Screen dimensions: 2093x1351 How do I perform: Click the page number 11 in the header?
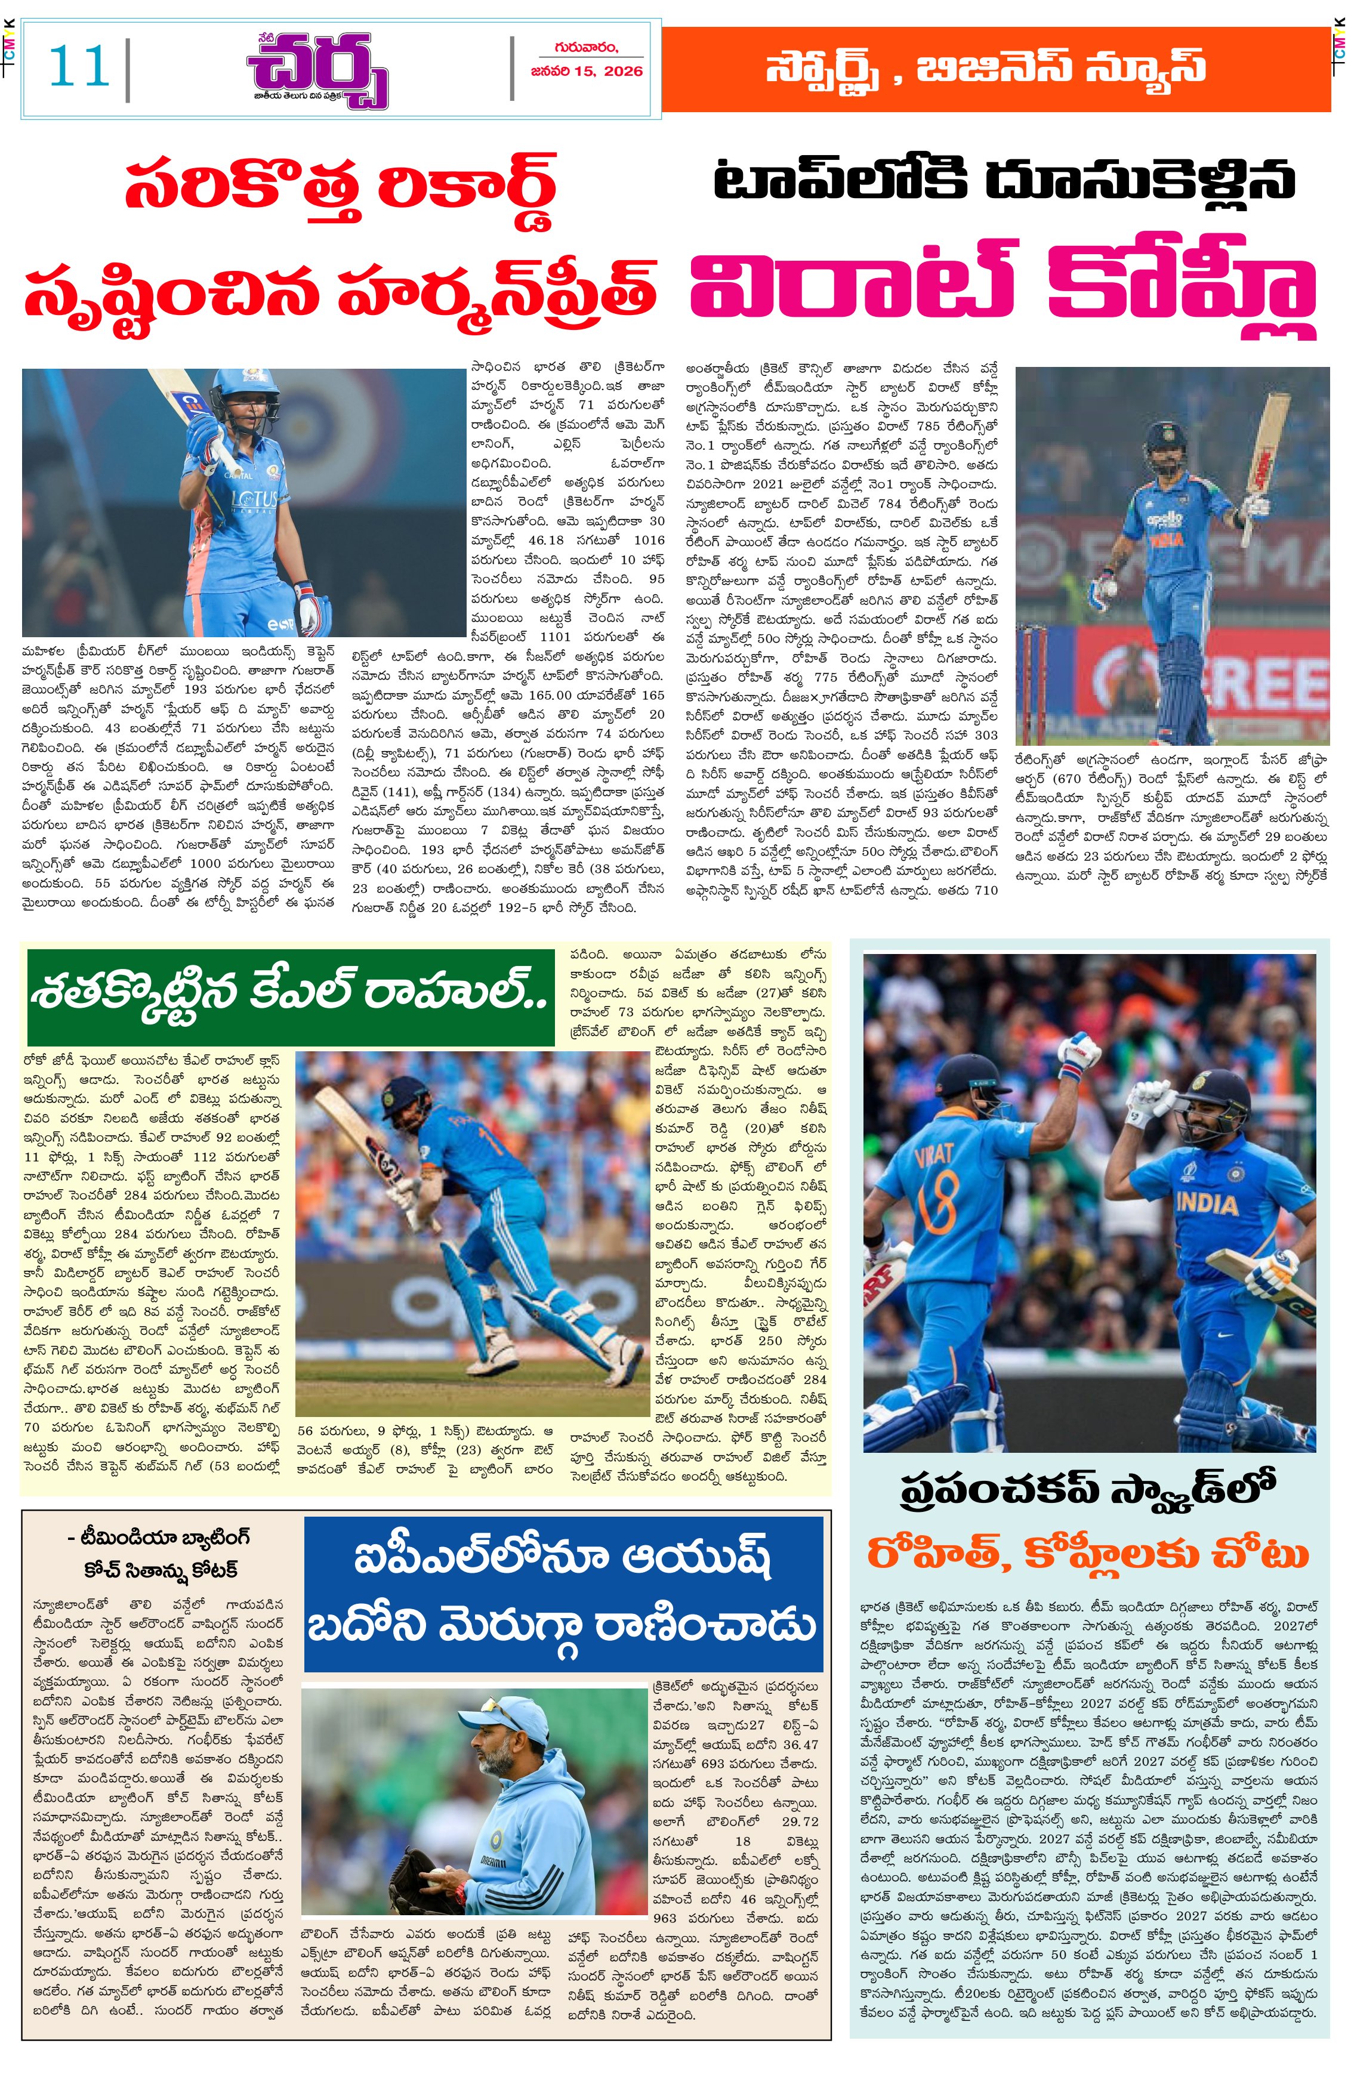79,67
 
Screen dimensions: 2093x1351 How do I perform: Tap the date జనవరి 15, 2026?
586,71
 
